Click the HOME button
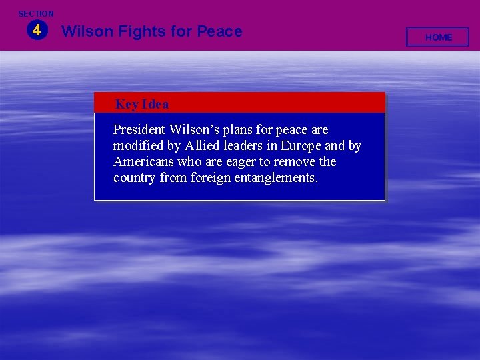click(x=439, y=37)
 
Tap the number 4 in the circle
click(x=36, y=30)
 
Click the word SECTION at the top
click(x=36, y=13)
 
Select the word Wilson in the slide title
click(x=85, y=31)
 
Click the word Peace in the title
click(x=219, y=31)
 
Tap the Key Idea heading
click(x=142, y=104)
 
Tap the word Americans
click(x=143, y=161)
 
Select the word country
click(x=135, y=177)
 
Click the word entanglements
click(x=276, y=177)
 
